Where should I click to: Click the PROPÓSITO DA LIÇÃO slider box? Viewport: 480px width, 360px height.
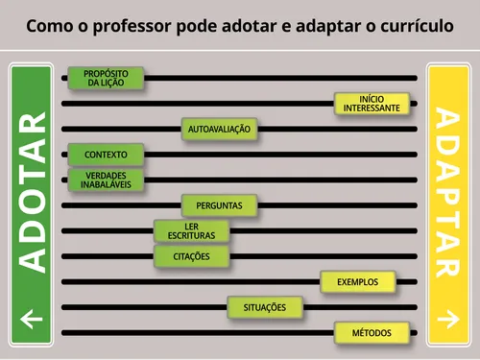[x=106, y=78]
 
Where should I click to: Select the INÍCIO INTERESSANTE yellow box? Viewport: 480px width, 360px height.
[x=372, y=104]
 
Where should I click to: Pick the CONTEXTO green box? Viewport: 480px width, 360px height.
[x=106, y=155]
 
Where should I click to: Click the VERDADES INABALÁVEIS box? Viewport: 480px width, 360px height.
[x=106, y=180]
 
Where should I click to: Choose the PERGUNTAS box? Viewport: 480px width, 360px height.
[x=219, y=205]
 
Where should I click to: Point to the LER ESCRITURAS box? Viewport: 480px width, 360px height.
[x=191, y=230]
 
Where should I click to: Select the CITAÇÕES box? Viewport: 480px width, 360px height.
[x=191, y=256]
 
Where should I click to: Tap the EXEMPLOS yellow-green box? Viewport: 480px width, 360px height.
[x=357, y=282]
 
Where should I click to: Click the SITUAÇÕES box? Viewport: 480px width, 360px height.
[x=265, y=307]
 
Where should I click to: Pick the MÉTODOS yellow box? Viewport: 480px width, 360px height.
[x=372, y=333]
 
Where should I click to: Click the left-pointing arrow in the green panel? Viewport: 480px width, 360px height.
[x=32, y=319]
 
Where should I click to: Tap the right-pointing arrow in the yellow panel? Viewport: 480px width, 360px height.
[x=447, y=319]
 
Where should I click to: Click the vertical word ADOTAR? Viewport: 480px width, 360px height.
[x=33, y=192]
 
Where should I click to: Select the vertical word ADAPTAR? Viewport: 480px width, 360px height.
[x=447, y=192]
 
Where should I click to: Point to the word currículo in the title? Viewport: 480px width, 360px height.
[x=415, y=24]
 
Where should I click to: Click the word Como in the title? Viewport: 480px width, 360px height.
[x=49, y=24]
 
